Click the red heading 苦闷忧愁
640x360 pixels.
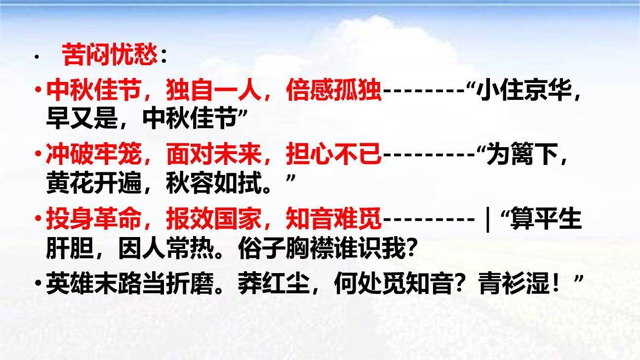click(x=110, y=55)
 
